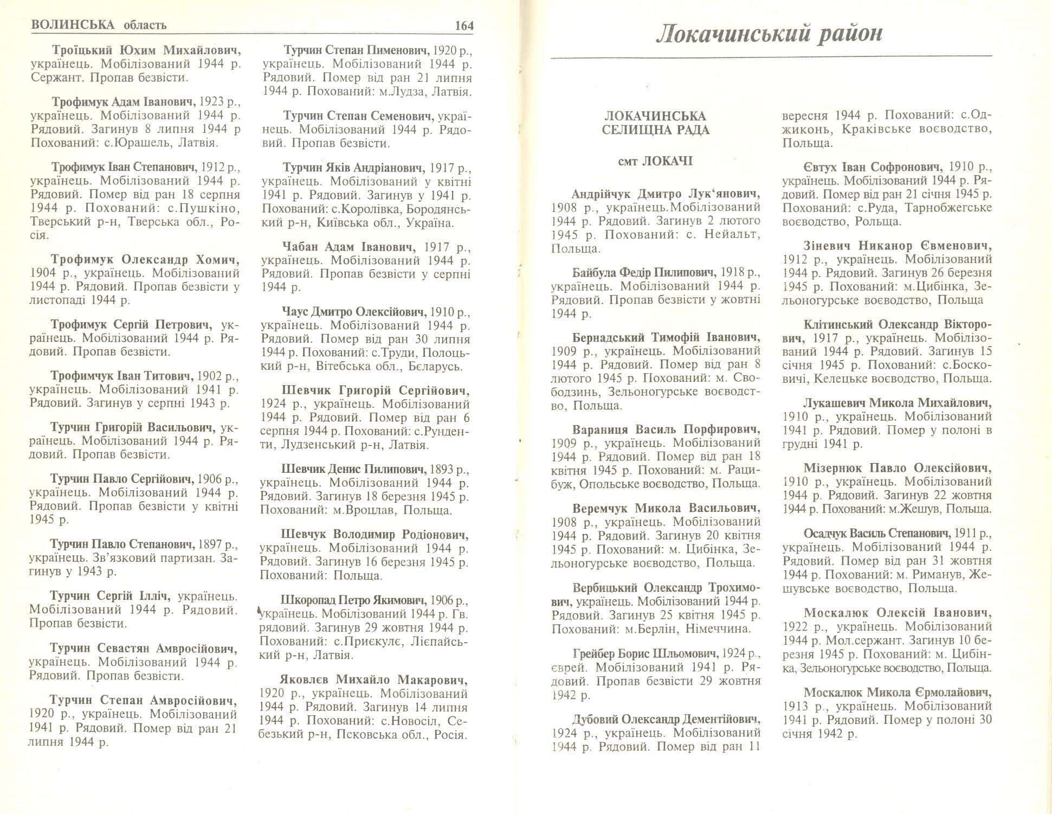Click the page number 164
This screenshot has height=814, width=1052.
(464, 25)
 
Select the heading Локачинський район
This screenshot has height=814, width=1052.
(770, 34)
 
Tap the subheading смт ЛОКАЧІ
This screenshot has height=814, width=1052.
(655, 162)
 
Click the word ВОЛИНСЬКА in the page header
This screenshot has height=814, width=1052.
(73, 25)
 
